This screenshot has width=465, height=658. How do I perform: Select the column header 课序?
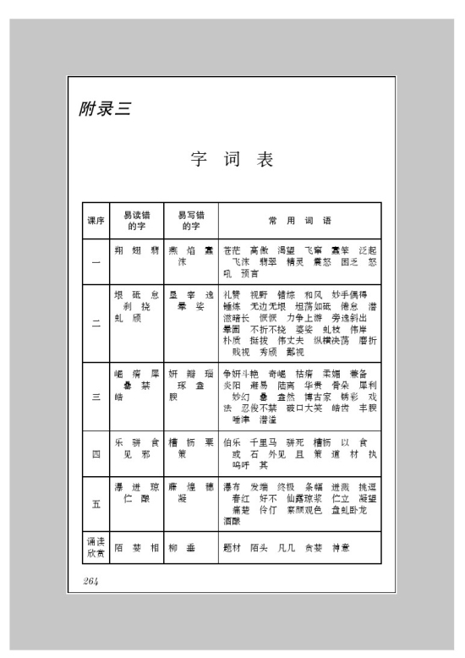(x=96, y=221)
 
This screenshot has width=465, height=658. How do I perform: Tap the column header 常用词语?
(x=299, y=221)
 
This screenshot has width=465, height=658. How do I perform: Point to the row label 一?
(x=96, y=261)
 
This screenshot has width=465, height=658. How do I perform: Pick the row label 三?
(x=96, y=395)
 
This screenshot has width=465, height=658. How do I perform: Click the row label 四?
(x=96, y=453)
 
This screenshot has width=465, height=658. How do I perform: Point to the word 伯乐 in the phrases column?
(x=232, y=441)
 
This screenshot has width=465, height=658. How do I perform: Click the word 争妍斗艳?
(x=241, y=373)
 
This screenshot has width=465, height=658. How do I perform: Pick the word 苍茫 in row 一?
(x=232, y=250)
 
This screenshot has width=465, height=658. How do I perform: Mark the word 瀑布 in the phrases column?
(x=232, y=487)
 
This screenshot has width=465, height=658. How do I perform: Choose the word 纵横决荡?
(x=334, y=343)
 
